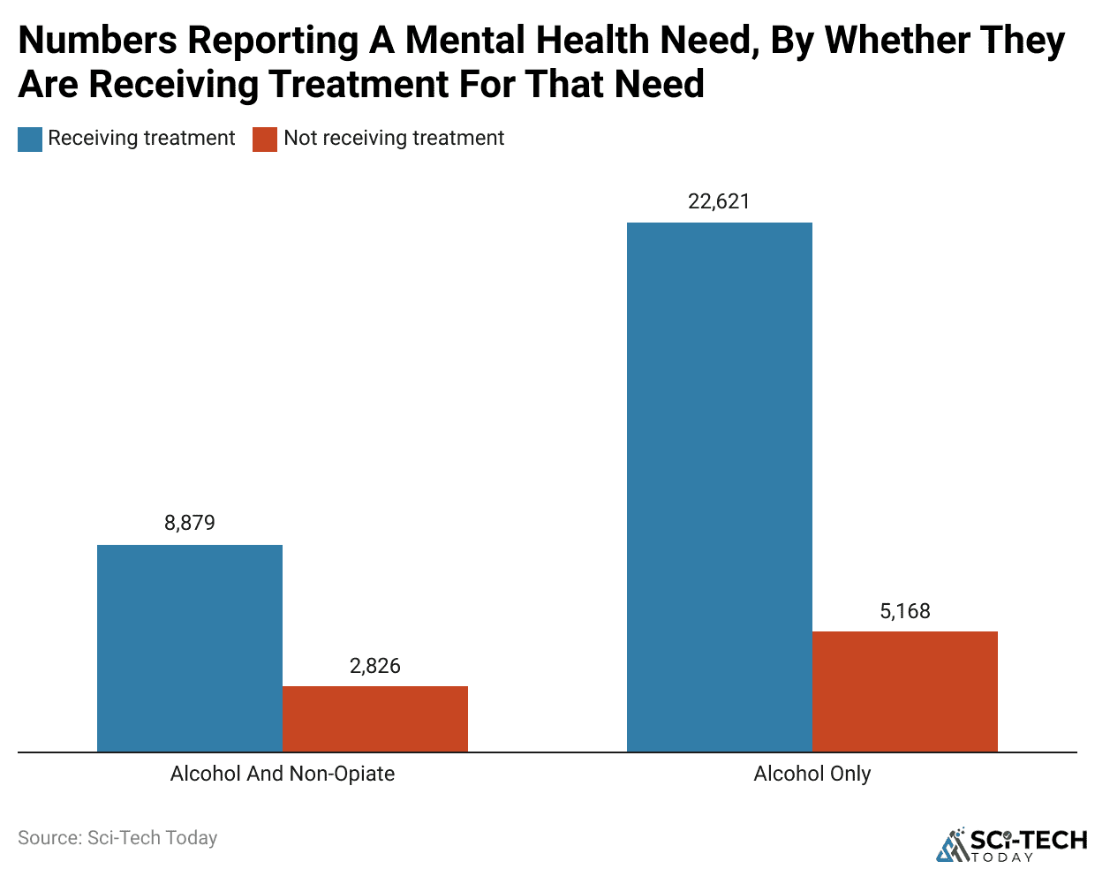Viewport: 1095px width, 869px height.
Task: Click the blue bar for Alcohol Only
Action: pyautogui.click(x=719, y=487)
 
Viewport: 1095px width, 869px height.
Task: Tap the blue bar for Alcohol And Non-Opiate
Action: pyautogui.click(x=189, y=648)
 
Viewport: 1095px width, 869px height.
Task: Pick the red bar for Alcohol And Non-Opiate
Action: pyautogui.click(x=374, y=719)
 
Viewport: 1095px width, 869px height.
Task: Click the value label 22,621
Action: pyautogui.click(x=719, y=201)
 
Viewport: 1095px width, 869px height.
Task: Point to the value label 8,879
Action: pyautogui.click(x=189, y=523)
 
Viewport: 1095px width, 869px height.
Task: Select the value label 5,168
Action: pyautogui.click(x=904, y=611)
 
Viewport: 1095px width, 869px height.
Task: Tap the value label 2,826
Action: pyautogui.click(x=374, y=666)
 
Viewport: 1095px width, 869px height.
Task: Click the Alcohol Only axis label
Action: pyautogui.click(x=812, y=774)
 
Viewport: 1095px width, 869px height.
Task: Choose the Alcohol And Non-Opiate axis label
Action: pyautogui.click(x=282, y=774)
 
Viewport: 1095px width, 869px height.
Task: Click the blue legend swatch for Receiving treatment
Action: pyautogui.click(x=30, y=140)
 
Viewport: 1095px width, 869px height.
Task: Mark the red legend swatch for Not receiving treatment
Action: pyautogui.click(x=265, y=140)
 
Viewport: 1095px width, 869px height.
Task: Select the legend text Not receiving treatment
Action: pyautogui.click(x=394, y=139)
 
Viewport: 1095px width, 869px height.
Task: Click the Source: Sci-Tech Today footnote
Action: pyautogui.click(x=117, y=837)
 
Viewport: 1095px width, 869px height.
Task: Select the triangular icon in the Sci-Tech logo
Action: pyautogui.click(x=952, y=846)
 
